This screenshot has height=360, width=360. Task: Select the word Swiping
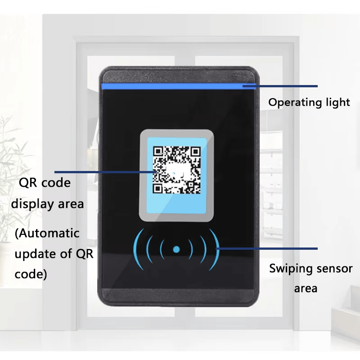pyautogui.click(x=290, y=269)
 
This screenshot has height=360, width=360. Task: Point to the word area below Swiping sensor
pyautogui.click(x=306, y=289)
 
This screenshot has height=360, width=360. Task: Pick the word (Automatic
pyautogui.click(x=47, y=234)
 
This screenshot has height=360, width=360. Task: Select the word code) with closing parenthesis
pyautogui.click(x=31, y=274)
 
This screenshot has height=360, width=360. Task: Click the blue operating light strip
pyautogui.click(x=179, y=86)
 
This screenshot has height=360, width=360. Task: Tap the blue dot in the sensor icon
pyautogui.click(x=176, y=250)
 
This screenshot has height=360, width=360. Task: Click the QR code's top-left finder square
pyautogui.click(x=158, y=152)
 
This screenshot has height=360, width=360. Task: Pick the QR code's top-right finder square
pyautogui.click(x=196, y=152)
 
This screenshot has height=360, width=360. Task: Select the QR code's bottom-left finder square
pyautogui.click(x=158, y=189)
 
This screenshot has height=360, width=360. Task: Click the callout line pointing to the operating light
pyautogui.click(x=280, y=86)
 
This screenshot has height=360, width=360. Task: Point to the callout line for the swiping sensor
pyautogui.click(x=267, y=248)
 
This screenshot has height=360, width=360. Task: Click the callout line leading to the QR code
pyautogui.click(x=105, y=172)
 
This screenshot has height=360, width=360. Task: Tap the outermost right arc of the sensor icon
pyautogui.click(x=215, y=250)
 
